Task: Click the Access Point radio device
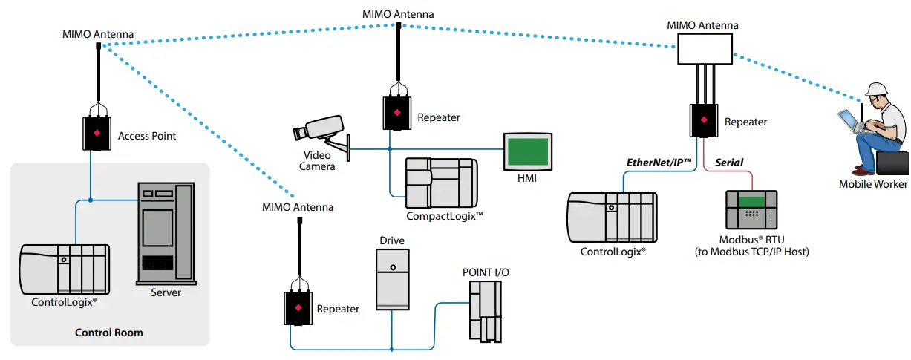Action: (x=97, y=133)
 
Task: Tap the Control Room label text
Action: (x=109, y=333)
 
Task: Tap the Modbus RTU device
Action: (x=752, y=210)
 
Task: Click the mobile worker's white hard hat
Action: (x=877, y=89)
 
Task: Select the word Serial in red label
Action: (x=728, y=163)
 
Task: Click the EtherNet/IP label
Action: (x=659, y=163)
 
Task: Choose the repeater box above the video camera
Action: (x=396, y=113)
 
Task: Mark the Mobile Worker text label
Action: (x=872, y=184)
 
